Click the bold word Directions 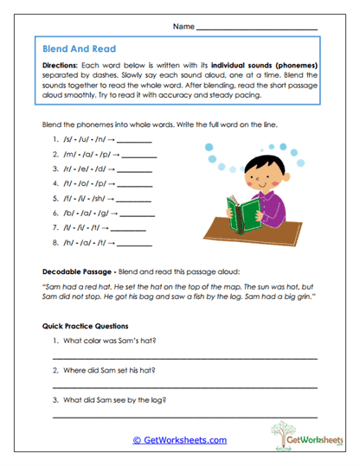[62, 65]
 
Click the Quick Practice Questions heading [85, 326]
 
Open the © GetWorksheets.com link [179, 439]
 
